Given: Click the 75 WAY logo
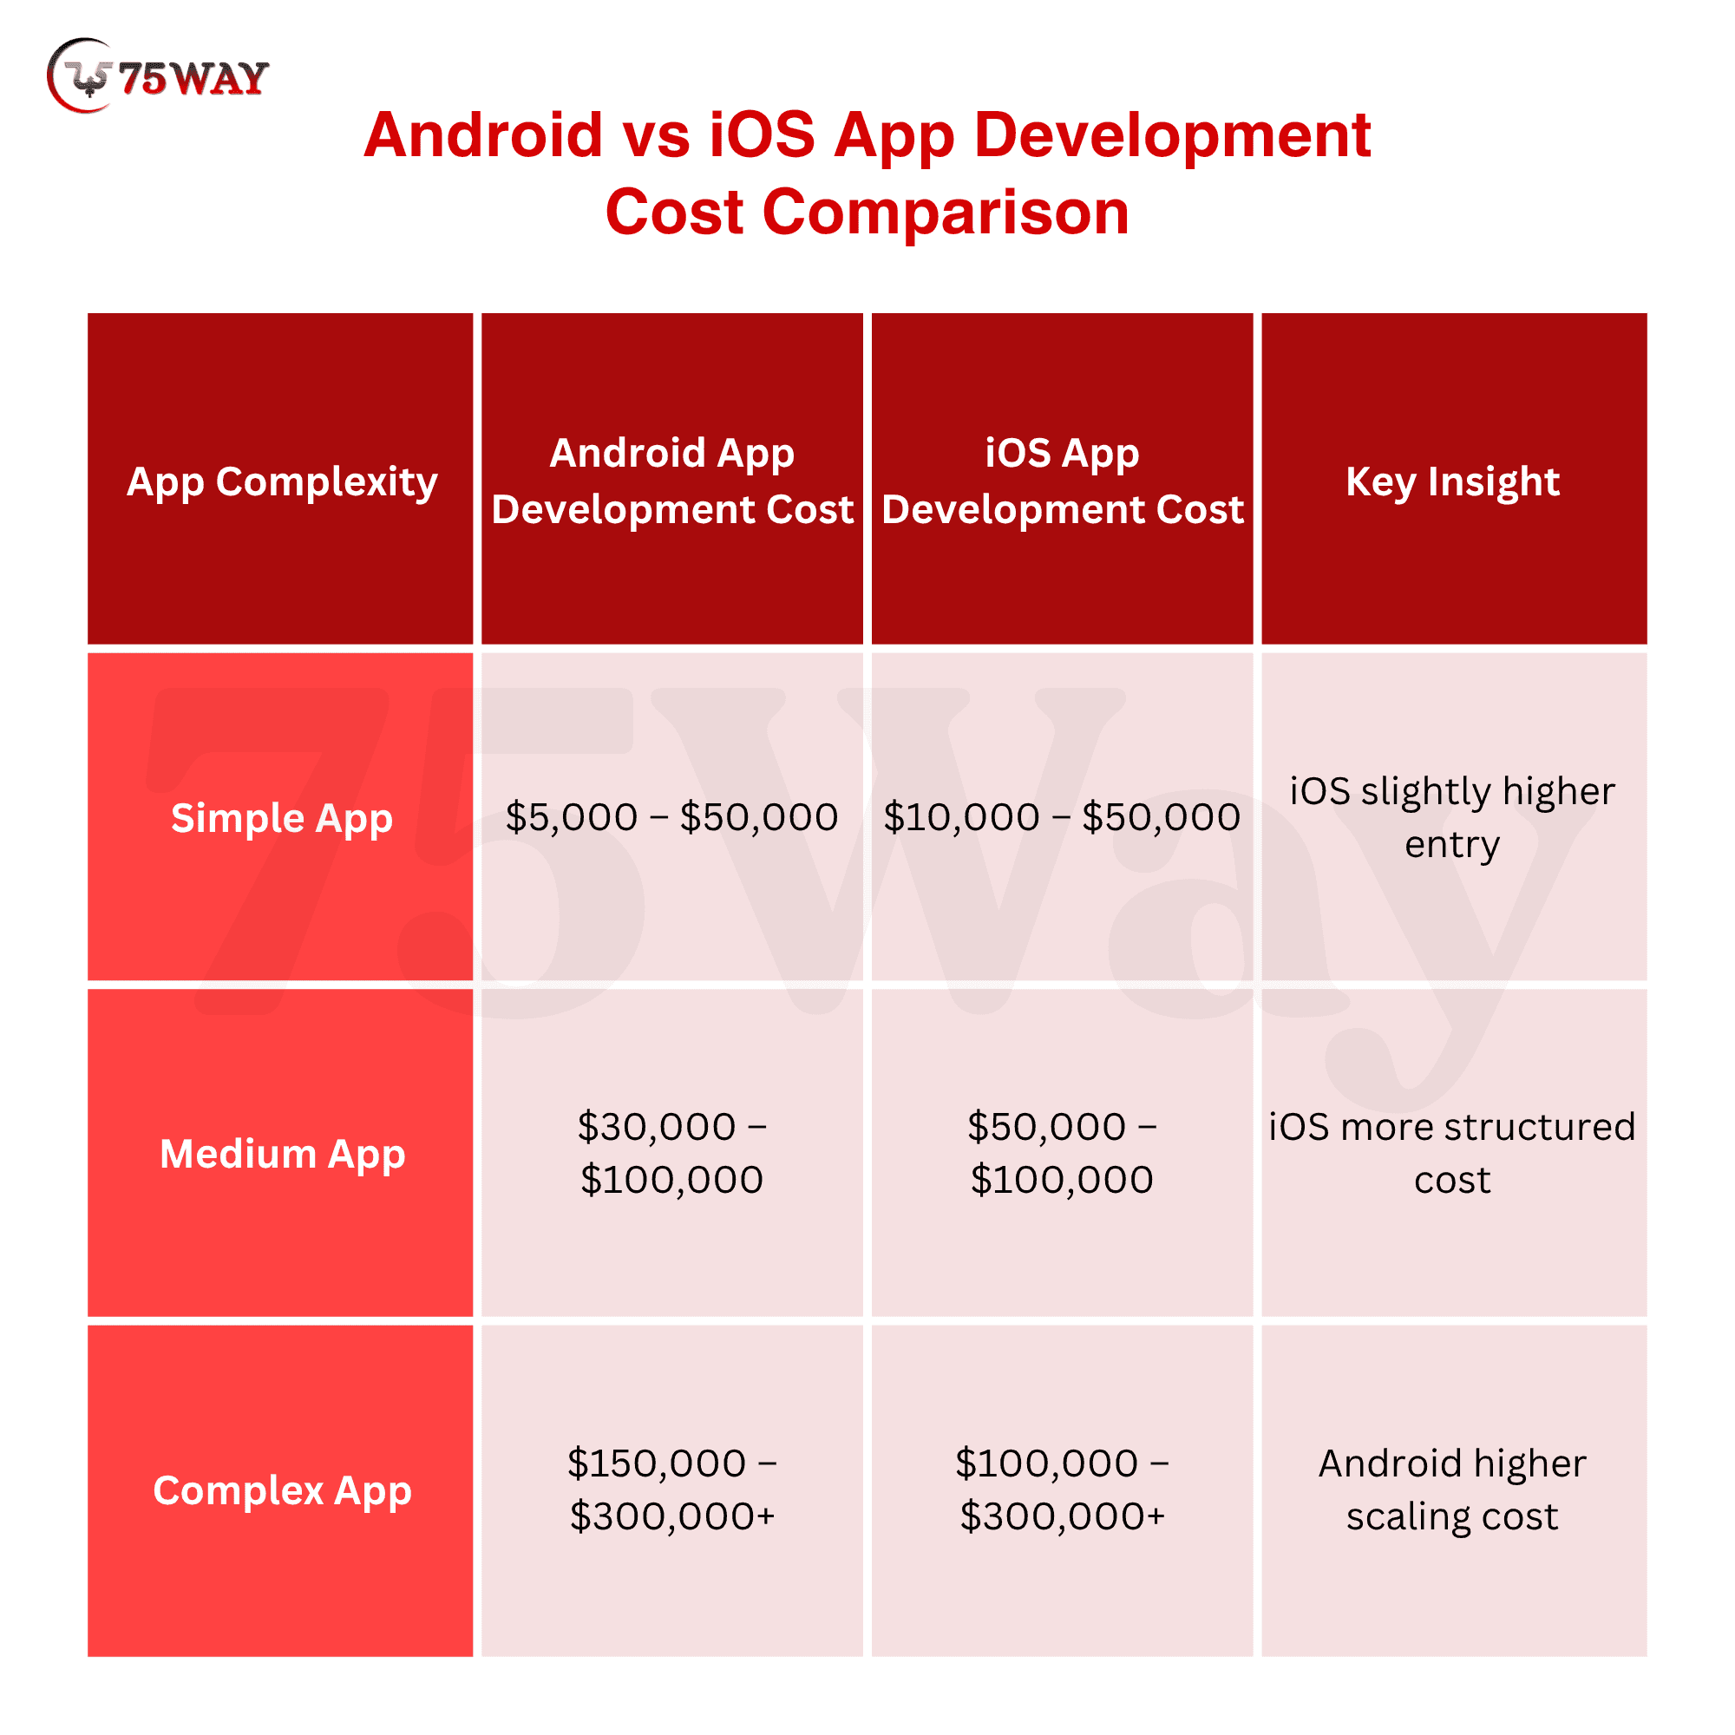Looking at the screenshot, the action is coord(158,76).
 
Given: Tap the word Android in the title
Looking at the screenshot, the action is coord(483,134).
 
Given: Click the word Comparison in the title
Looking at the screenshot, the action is coord(946,213).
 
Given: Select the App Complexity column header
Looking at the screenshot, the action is coord(281,481).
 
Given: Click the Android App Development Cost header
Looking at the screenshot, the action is coord(671,481).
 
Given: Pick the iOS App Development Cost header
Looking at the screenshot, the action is coord(1063,481).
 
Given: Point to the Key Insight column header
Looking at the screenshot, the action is coord(1453,481).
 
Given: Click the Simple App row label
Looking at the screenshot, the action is coord(281,818).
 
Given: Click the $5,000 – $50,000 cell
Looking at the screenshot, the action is coord(671,817).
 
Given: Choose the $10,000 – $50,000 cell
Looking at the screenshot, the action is coord(1063,817).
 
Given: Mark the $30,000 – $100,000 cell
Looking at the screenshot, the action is coord(671,1153).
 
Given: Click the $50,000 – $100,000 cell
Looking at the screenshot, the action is coord(1063,1153).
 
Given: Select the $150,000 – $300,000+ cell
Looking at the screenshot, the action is coord(671,1489).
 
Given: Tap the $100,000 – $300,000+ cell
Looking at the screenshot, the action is coord(1063,1489).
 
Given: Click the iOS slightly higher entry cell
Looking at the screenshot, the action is coord(1453,818).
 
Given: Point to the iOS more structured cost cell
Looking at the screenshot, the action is coord(1453,1153).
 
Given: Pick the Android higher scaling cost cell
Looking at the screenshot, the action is coord(1453,1489).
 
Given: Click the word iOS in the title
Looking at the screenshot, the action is coord(763,134).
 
